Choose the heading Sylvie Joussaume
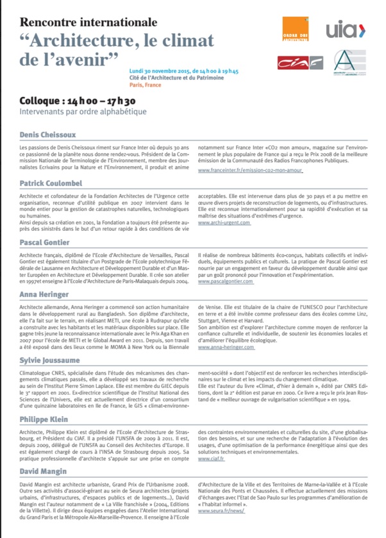44,360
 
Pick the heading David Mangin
39,472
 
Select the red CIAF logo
296,62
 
